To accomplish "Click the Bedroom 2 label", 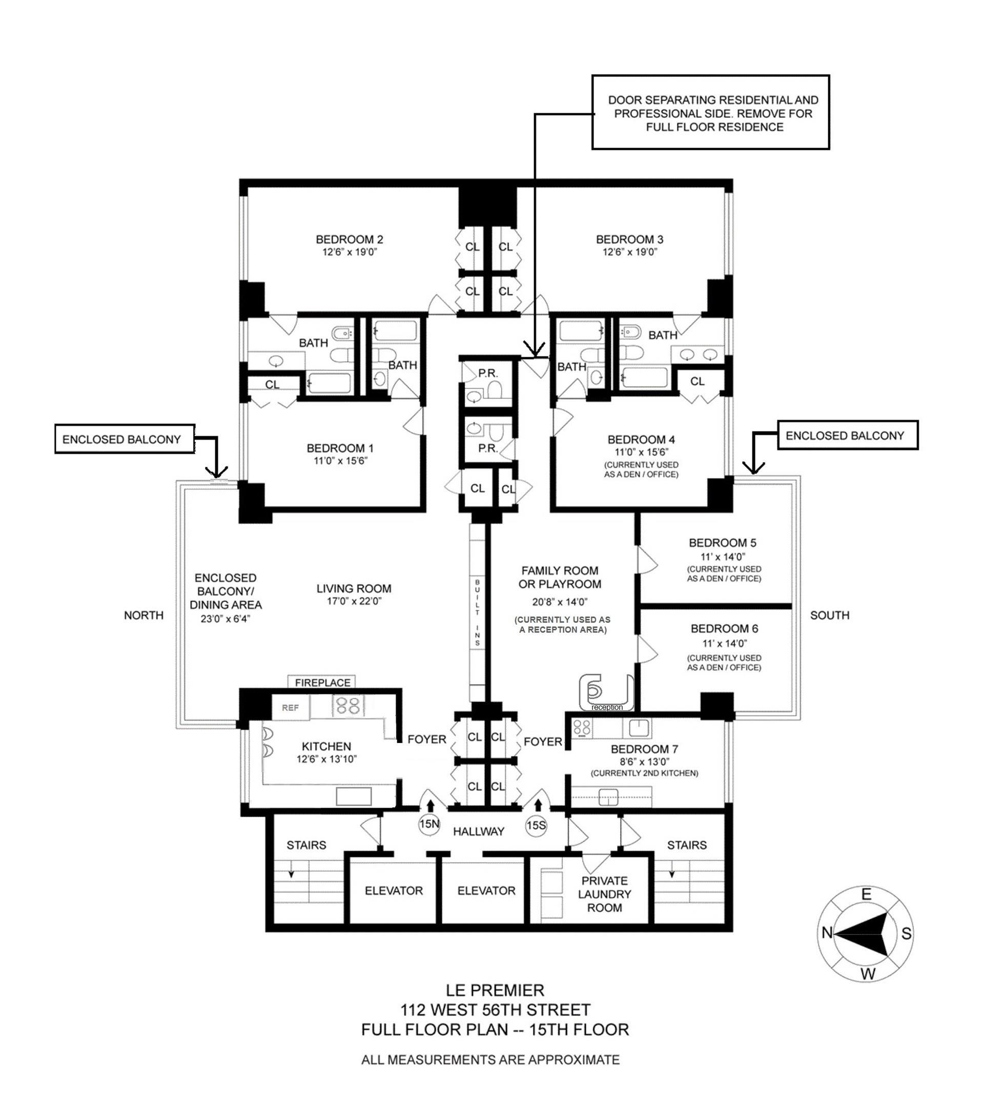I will (x=349, y=239).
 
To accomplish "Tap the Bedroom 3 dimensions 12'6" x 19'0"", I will (x=629, y=253).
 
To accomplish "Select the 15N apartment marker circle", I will (x=429, y=825).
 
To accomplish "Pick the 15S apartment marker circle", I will (x=536, y=826).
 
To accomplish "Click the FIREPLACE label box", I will (x=322, y=683).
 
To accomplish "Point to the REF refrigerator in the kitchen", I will (x=290, y=708).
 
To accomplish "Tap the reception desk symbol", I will (x=605, y=693).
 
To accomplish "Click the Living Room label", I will (x=354, y=589).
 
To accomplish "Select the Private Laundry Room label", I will (x=604, y=894).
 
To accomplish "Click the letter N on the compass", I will (x=827, y=933).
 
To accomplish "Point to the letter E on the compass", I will (x=867, y=894).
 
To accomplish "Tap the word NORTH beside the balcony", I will (x=143, y=615).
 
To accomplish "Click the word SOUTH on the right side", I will (x=829, y=615).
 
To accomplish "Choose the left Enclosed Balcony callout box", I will (x=125, y=439).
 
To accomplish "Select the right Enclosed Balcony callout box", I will (x=847, y=436).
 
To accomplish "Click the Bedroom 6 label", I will (x=724, y=629).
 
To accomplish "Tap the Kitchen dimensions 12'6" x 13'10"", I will (x=326, y=759).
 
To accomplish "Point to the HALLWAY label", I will (x=479, y=831).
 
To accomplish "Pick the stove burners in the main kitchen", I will (x=348, y=706).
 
